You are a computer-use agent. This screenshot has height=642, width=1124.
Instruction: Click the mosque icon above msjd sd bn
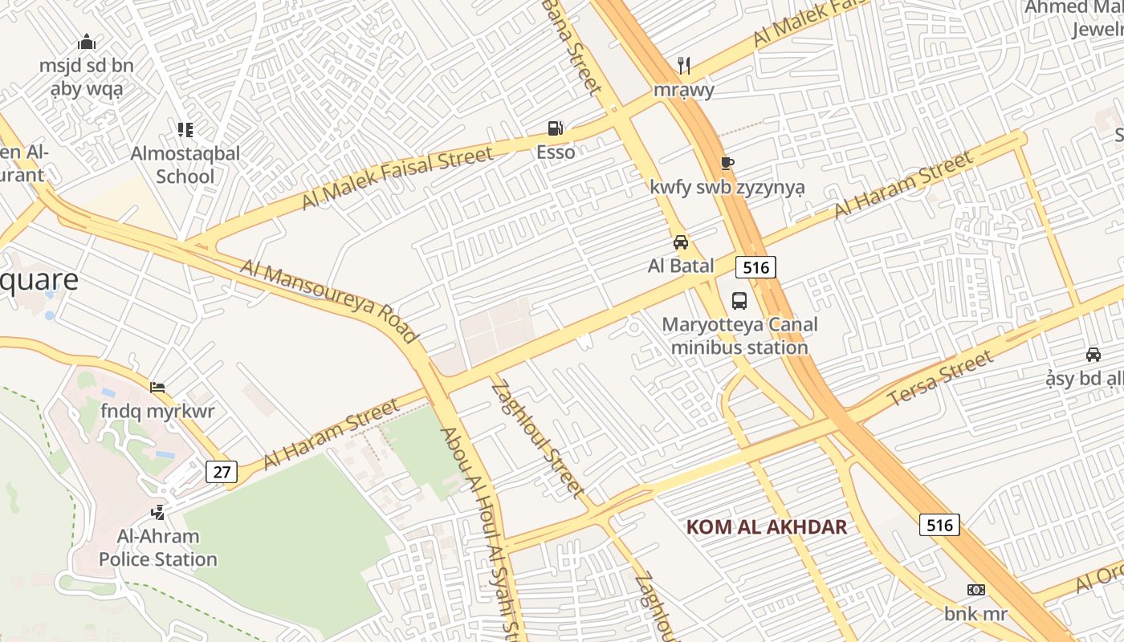[87, 42]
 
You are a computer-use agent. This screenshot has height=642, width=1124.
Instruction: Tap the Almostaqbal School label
[185, 165]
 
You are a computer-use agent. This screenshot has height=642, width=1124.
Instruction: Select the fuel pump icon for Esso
[555, 128]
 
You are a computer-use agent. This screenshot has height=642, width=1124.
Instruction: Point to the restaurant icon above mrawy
[684, 65]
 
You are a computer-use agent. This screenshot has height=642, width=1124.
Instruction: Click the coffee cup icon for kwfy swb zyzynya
[727, 164]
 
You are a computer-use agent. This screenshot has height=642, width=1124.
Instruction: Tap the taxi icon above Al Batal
[681, 242]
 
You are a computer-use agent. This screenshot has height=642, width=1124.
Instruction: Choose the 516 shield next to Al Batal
[756, 267]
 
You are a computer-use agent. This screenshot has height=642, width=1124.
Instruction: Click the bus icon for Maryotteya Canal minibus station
[739, 301]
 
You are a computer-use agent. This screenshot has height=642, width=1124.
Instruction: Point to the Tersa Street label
[939, 380]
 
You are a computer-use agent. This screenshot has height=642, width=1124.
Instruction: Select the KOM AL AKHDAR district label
[767, 527]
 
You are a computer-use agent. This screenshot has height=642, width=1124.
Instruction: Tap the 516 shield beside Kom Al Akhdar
[939, 526]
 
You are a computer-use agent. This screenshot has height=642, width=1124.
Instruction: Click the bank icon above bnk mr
[976, 590]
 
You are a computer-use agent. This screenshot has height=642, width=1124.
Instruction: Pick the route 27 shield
[222, 472]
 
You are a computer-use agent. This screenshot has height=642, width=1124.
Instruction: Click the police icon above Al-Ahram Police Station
[158, 512]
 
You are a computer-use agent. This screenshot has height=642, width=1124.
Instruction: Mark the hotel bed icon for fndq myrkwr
[157, 388]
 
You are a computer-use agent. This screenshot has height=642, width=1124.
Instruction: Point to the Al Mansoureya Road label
[329, 301]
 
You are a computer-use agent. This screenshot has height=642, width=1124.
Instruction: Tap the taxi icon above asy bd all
[1093, 355]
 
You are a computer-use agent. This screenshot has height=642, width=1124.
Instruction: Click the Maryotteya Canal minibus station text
[739, 336]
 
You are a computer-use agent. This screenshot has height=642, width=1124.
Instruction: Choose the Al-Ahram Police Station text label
[158, 547]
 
